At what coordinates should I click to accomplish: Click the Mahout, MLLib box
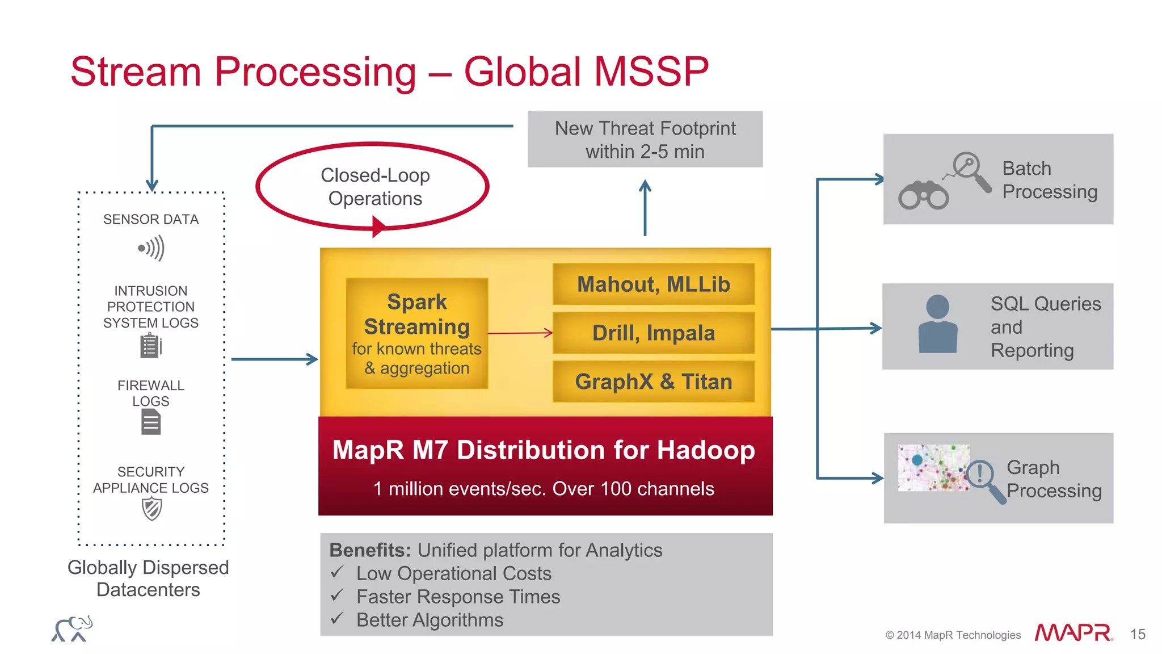point(653,284)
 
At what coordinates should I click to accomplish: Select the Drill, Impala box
point(653,333)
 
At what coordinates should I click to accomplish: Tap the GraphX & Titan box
point(653,381)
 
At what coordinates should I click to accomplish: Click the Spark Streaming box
point(416,333)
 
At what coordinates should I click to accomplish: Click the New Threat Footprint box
point(645,140)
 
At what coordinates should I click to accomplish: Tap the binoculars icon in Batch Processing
point(923,196)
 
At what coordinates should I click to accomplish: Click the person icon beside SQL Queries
point(937,325)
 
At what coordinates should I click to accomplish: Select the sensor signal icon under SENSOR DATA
point(151,248)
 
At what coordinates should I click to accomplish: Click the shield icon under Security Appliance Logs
point(151,509)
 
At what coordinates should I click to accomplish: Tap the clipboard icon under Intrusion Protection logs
point(150,346)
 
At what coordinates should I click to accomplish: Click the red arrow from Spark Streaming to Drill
point(520,333)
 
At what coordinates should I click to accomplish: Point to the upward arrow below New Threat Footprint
point(645,208)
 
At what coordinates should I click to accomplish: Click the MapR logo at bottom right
point(1073,632)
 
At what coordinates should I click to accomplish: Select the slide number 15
point(1137,634)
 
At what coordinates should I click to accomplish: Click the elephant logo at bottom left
point(72,629)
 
